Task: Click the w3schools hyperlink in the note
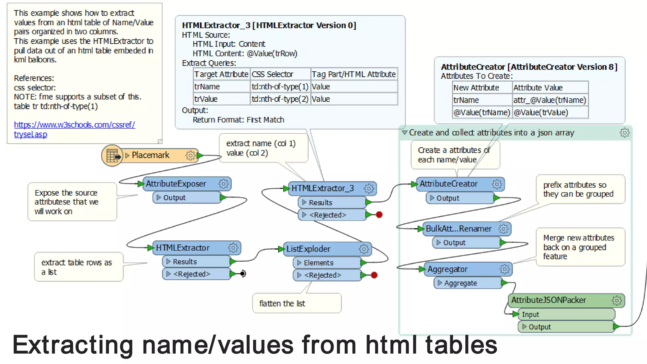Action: (74, 125)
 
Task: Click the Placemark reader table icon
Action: (112, 155)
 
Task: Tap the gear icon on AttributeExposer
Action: (223, 184)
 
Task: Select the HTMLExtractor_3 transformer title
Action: (322, 188)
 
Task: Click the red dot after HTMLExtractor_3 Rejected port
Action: (379, 215)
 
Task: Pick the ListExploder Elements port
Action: (318, 263)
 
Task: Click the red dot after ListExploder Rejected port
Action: (374, 275)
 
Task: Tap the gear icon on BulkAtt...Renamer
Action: (503, 228)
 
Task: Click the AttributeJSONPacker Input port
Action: (530, 314)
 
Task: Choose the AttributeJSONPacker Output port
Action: (540, 327)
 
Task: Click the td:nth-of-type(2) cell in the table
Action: (280, 99)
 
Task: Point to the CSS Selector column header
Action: (273, 74)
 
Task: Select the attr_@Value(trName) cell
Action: (549, 100)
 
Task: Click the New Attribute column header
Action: (476, 88)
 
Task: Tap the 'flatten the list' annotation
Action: (282, 304)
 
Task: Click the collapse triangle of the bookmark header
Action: (404, 132)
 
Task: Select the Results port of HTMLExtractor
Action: (185, 262)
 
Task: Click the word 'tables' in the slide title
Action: (461, 345)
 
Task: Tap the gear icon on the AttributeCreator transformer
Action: (497, 184)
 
